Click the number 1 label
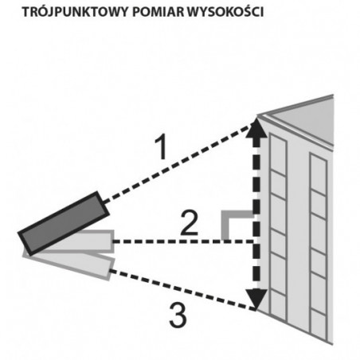pyautogui.click(x=162, y=147)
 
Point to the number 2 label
pyautogui.click(x=189, y=223)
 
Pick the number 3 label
pyautogui.click(x=178, y=315)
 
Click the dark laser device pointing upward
pyautogui.click(x=64, y=223)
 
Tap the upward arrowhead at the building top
pyautogui.click(x=256, y=128)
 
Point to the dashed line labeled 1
pyautogui.click(x=178, y=162)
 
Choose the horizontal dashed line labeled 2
pyautogui.click(x=183, y=241)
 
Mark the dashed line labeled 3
pyautogui.click(x=182, y=290)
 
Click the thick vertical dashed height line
pyautogui.click(x=256, y=213)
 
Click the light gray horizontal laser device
pyautogui.click(x=80, y=241)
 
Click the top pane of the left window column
pyautogui.click(x=278, y=154)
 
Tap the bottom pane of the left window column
pyautogui.click(x=278, y=305)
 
